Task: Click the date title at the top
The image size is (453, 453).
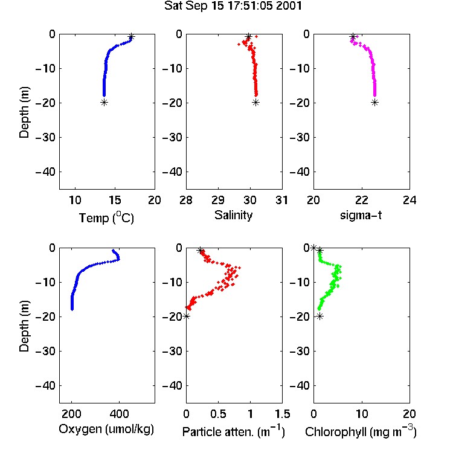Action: pos(233,5)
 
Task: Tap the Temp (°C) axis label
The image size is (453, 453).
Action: pos(106,217)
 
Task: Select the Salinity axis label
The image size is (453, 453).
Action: pos(233,215)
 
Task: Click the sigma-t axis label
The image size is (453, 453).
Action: pos(361,215)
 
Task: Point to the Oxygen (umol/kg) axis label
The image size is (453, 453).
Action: pos(106,429)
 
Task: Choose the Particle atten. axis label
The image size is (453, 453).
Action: pos(234,432)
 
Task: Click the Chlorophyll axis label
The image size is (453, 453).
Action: pos(361,432)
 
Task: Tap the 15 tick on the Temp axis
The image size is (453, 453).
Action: pos(115,200)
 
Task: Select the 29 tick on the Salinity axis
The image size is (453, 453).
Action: pos(218,200)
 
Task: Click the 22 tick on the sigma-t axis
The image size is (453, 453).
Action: pos(361,200)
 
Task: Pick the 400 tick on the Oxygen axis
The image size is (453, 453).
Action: pos(120,414)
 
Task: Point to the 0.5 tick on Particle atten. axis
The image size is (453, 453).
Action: pos(218,414)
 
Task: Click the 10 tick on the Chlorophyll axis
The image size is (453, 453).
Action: pos(361,414)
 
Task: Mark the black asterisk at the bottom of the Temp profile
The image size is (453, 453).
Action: pos(104,102)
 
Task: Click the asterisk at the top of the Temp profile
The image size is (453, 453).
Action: pos(131,37)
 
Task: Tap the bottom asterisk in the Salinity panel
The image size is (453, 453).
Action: pos(255,102)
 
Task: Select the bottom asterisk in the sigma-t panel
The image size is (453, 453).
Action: pos(374,102)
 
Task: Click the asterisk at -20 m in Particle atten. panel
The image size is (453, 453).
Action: pos(187,316)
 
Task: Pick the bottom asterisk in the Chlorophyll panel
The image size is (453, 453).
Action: pos(320,316)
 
